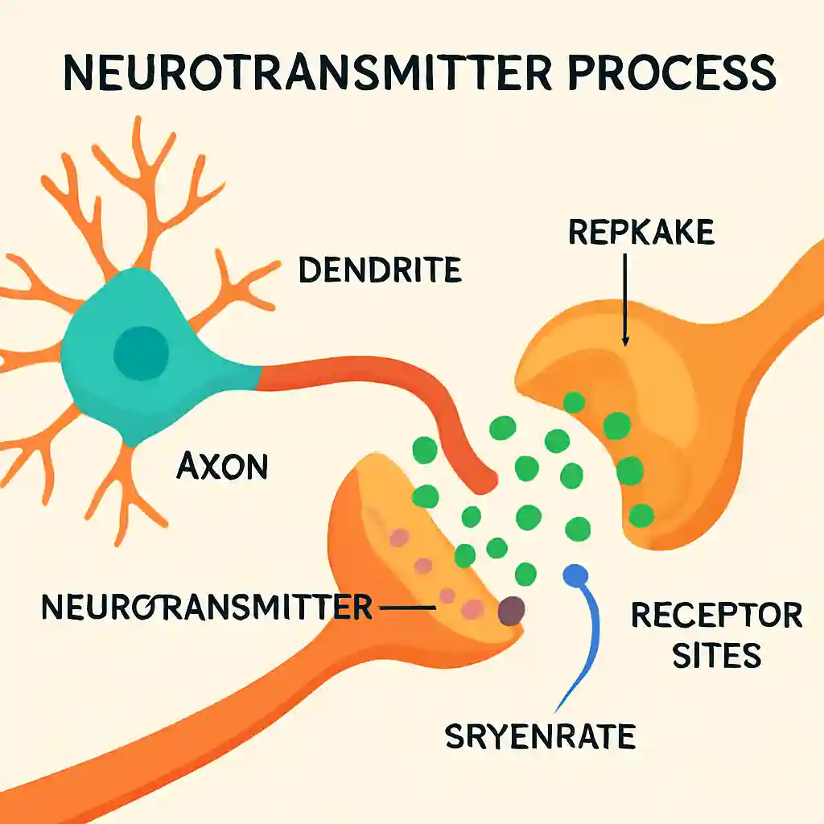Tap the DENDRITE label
coord(380,270)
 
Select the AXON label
coord(222,466)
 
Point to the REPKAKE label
coord(641,232)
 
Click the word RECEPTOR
coord(717,615)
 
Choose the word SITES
coord(717,655)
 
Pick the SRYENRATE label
coord(540,735)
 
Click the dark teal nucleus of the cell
coord(141,352)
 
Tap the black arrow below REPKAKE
coord(625,300)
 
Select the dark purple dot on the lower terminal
coord(511,611)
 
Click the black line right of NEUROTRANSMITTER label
coord(407,608)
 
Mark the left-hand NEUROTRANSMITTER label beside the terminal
coord(207,607)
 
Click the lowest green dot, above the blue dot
coord(525,574)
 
